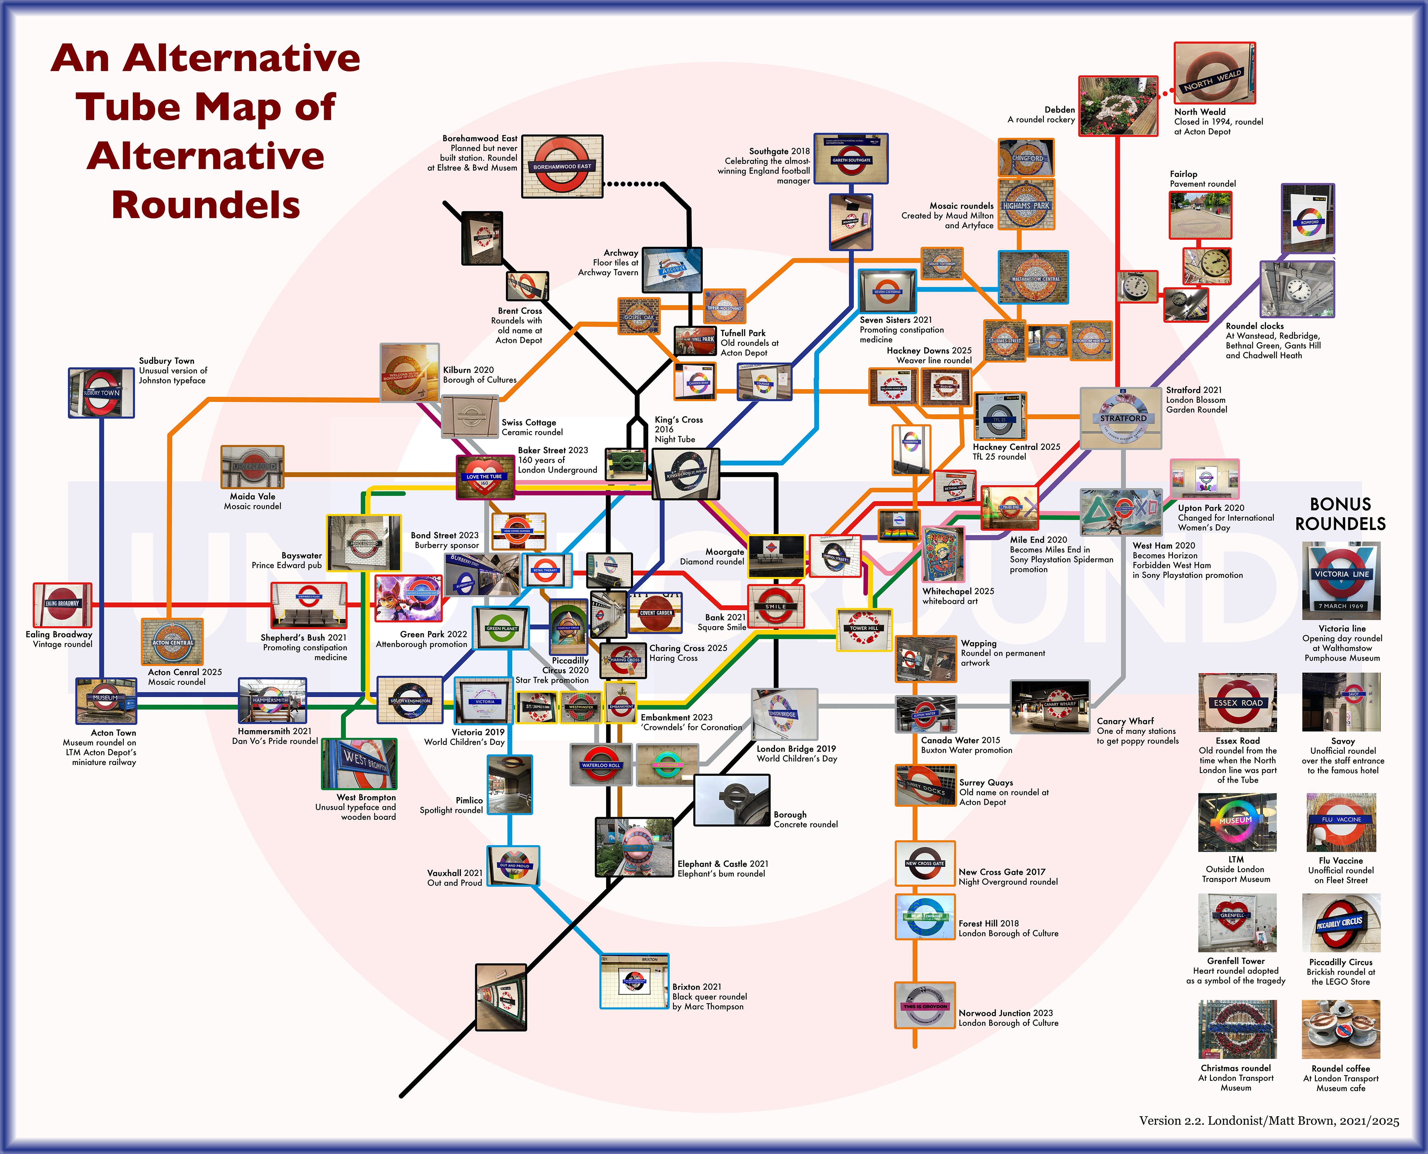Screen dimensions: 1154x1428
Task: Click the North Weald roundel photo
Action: (x=1215, y=73)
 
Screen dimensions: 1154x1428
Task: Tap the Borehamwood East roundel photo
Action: (x=562, y=166)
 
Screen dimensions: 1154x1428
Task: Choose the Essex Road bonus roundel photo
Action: (x=1237, y=702)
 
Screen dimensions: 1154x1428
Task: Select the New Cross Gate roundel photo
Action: (x=925, y=863)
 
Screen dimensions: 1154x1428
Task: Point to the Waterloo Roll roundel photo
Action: (x=601, y=765)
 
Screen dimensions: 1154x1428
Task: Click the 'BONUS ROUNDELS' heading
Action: (x=1340, y=514)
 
